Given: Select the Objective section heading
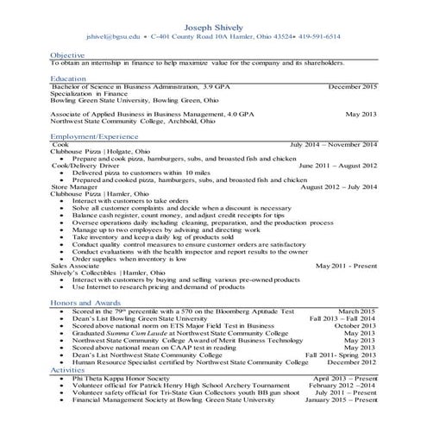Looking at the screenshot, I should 66,55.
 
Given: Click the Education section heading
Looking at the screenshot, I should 68,78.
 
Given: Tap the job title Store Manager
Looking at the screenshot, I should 75,185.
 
